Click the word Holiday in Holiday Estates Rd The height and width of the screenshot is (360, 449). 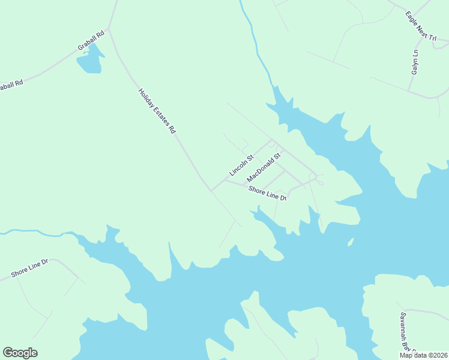147,100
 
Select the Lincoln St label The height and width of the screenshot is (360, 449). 241,166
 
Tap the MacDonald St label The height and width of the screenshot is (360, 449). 264,168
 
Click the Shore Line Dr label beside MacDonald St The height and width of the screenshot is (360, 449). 268,193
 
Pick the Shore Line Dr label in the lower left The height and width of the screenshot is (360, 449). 29,268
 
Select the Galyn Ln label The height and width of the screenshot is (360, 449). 414,62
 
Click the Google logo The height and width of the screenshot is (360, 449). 20,353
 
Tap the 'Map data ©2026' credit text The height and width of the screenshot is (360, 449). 423,355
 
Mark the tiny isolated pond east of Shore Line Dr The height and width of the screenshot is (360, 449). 349,242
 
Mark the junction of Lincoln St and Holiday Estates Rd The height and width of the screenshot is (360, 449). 211,190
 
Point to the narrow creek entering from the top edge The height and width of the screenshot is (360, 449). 252,36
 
